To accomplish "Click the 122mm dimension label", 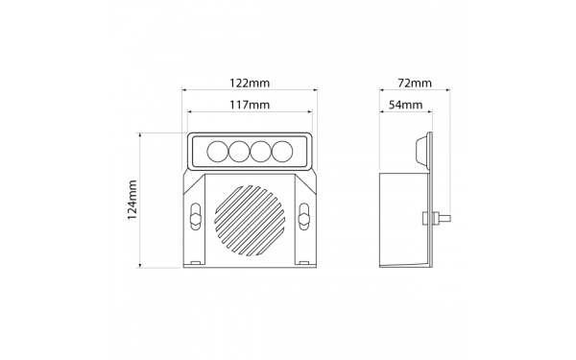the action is pos(250,83).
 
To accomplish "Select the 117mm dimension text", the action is pos(250,105).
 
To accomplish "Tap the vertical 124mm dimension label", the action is pos(132,200).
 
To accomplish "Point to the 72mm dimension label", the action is pos(415,83).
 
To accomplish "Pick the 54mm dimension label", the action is pos(405,105).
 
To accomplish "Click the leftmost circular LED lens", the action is pos(218,152).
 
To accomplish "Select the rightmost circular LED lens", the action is pos(282,152).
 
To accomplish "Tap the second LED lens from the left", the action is pos(239,152).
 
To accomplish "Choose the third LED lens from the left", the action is pos(261,152).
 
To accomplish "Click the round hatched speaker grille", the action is pos(250,220).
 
